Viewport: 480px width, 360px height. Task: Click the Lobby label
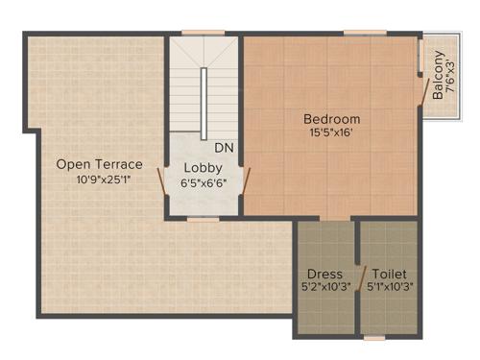(x=203, y=166)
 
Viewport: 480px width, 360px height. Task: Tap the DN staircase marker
(x=224, y=148)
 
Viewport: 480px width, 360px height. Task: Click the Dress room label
(x=324, y=273)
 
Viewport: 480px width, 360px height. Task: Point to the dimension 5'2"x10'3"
(x=324, y=286)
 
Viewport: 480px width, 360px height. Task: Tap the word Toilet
(x=389, y=273)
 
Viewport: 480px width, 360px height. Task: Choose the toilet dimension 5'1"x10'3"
(x=389, y=286)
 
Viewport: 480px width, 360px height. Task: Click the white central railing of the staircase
(x=204, y=104)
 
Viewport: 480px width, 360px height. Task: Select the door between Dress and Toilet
(x=358, y=277)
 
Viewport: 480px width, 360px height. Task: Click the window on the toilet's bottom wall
(x=375, y=338)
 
